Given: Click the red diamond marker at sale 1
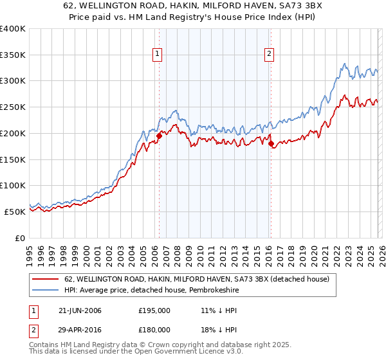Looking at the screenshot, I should (x=159, y=136).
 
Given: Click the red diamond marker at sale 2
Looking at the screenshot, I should (x=271, y=143).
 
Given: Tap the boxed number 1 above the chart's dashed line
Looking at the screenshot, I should (x=158, y=55).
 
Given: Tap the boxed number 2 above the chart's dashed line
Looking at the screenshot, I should (x=269, y=55).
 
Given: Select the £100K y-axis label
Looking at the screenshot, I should (x=13, y=186).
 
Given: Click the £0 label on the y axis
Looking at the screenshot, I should (x=19, y=238).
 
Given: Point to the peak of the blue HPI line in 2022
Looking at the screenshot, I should (x=345, y=64).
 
